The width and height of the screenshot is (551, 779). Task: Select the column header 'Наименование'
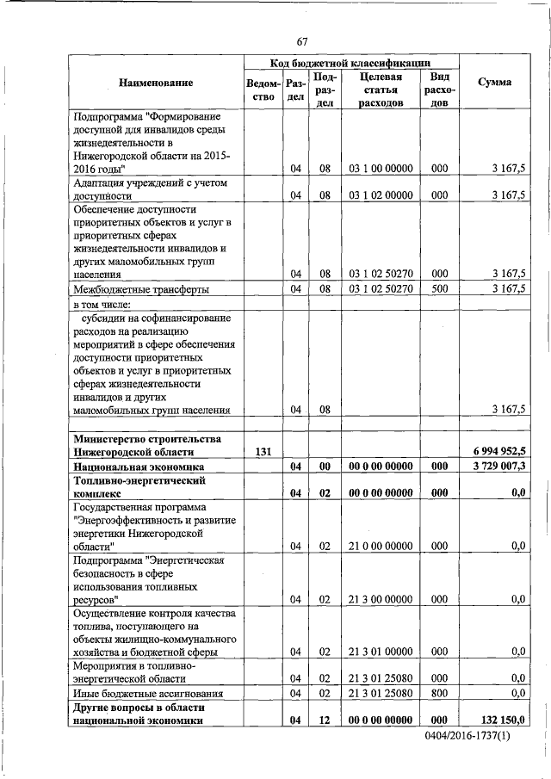click(156, 83)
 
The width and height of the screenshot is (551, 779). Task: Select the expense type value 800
click(439, 693)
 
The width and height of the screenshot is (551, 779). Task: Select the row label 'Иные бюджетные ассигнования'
click(151, 693)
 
